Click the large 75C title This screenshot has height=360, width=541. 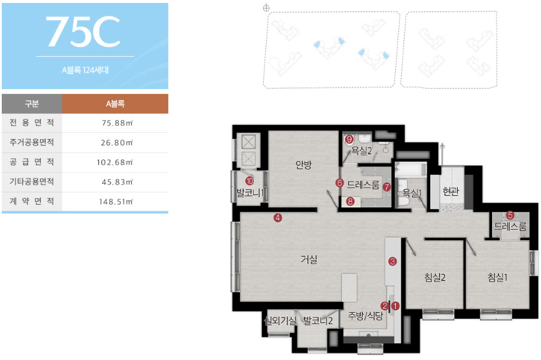[x=83, y=31]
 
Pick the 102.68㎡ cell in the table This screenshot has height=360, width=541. [x=114, y=162]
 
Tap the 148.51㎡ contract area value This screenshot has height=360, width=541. [x=116, y=202]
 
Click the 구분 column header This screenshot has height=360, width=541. [x=32, y=103]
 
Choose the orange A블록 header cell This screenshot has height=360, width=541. [x=115, y=103]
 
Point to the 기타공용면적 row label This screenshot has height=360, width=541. [x=32, y=182]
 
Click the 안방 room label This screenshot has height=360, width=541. [x=304, y=165]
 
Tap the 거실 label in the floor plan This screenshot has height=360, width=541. [x=309, y=259]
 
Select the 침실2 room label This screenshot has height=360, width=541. [x=435, y=277]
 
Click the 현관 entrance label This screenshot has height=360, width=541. [x=451, y=191]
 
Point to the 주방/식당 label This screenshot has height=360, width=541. [x=365, y=315]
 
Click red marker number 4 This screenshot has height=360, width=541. [x=278, y=218]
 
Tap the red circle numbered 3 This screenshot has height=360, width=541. [x=392, y=261]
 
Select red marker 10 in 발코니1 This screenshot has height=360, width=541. [x=250, y=181]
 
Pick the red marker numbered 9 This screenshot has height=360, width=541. [x=349, y=139]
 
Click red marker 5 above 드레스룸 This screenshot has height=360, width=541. [x=510, y=215]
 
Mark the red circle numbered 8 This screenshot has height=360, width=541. [x=350, y=201]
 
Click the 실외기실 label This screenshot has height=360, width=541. [x=280, y=321]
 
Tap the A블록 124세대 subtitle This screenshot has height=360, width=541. [x=85, y=70]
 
